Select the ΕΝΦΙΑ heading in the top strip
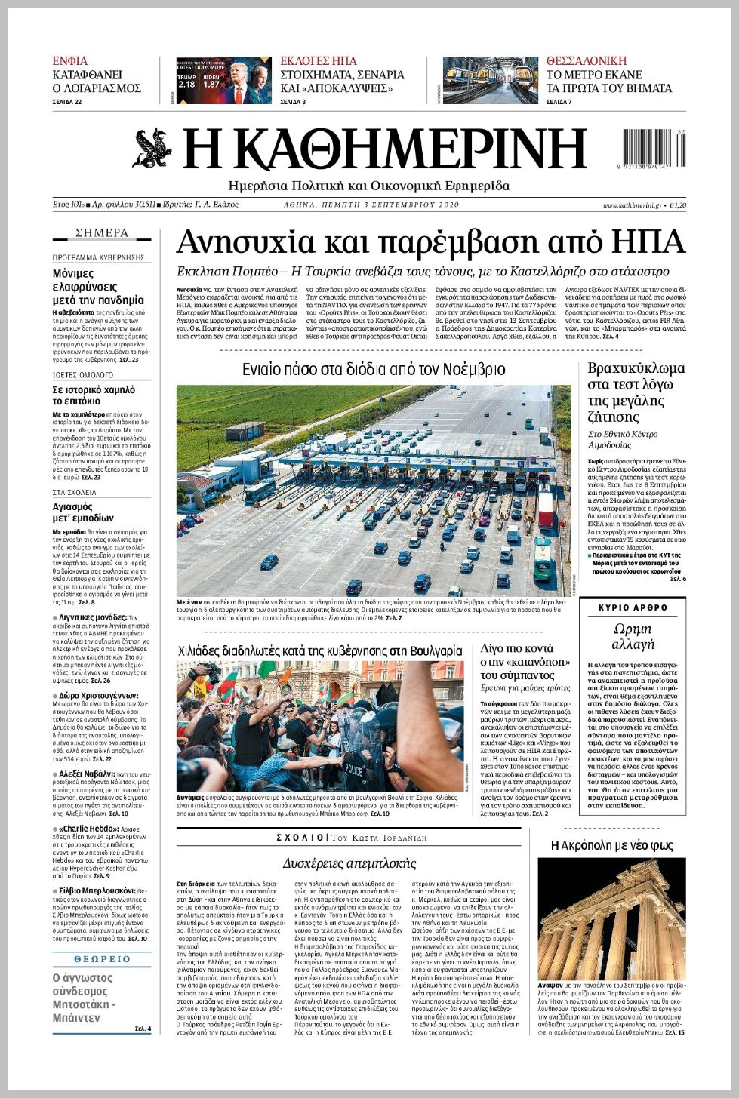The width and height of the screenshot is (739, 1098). pyautogui.click(x=69, y=61)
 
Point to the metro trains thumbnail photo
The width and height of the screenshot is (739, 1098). pyautogui.click(x=490, y=81)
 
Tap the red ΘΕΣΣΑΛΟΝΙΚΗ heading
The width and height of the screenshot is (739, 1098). pyautogui.click(x=587, y=61)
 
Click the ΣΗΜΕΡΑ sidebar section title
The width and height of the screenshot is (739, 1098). pyautogui.click(x=102, y=233)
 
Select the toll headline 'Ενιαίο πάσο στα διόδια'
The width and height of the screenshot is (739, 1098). pyautogui.click(x=374, y=369)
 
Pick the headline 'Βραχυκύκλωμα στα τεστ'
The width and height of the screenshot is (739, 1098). pyautogui.click(x=636, y=392)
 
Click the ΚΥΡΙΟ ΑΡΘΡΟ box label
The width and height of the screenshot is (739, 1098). pyautogui.click(x=633, y=607)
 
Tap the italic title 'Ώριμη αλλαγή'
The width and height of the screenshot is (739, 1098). pyautogui.click(x=633, y=637)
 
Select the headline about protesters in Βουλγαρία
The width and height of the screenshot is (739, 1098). pyautogui.click(x=320, y=650)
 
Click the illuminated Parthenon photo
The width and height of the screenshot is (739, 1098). pyautogui.click(x=611, y=917)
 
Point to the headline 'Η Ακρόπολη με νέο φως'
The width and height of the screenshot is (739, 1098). pyautogui.click(x=611, y=845)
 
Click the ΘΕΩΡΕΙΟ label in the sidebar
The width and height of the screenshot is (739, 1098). pyautogui.click(x=102, y=959)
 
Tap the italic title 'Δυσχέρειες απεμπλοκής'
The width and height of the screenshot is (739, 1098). pyautogui.click(x=349, y=863)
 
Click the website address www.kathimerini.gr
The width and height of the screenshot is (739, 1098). pyautogui.click(x=632, y=205)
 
